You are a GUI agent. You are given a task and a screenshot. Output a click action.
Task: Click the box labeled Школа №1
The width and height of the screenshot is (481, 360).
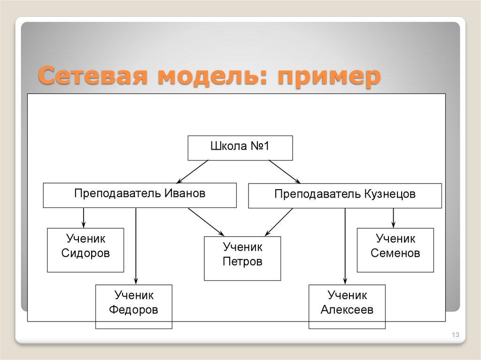(x=240, y=148)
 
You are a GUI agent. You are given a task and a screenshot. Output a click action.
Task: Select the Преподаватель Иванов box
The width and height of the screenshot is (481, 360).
(x=140, y=195)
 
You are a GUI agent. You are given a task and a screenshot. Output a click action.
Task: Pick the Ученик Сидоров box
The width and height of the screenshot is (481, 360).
(x=85, y=250)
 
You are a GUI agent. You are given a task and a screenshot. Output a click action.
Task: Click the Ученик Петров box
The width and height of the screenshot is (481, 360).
(x=242, y=258)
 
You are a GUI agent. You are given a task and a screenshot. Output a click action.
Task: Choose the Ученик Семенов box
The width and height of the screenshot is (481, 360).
(x=395, y=250)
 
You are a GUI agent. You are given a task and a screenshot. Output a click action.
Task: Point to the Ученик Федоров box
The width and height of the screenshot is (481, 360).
(x=133, y=306)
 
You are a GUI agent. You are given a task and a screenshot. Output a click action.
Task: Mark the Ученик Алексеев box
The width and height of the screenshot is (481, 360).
(x=347, y=306)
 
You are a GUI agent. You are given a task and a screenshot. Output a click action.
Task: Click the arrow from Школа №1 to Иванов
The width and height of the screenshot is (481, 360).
(x=193, y=171)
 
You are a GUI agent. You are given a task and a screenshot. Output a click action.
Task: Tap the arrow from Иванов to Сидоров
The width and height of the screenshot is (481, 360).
(x=84, y=217)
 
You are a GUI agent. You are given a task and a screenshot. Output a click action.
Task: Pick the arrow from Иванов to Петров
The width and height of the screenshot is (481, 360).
(x=206, y=221)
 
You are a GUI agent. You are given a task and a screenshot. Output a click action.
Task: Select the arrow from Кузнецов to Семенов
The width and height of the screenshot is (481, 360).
(x=394, y=217)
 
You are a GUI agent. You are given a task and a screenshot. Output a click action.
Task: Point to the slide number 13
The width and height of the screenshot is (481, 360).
(x=455, y=335)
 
